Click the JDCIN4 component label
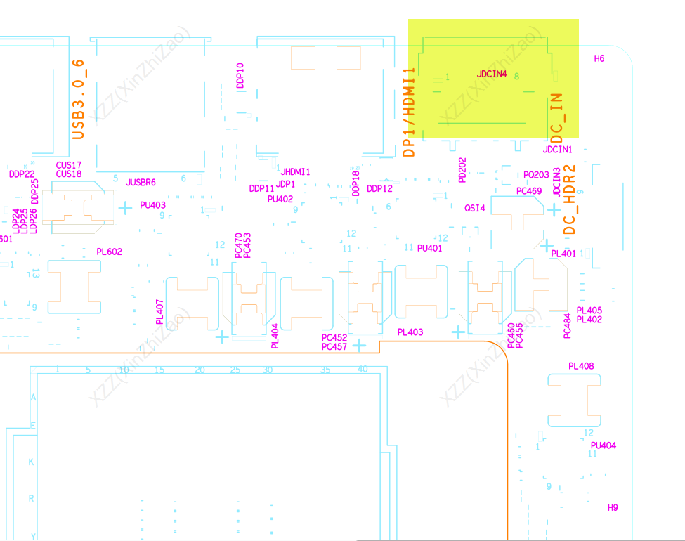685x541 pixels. (492, 74)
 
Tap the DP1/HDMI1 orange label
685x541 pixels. (410, 112)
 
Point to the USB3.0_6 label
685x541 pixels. (79, 98)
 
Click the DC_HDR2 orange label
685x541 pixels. (570, 200)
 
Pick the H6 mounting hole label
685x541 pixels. (599, 59)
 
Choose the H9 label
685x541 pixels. (613, 507)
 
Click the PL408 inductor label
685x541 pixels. (581, 366)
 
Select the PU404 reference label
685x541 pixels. (604, 445)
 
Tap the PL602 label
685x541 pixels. (109, 252)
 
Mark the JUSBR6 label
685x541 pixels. (141, 183)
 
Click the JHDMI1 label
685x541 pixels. (295, 172)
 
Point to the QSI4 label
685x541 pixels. (475, 209)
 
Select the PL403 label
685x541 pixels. (410, 332)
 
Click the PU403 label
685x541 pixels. (152, 205)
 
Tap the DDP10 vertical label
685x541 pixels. (240, 75)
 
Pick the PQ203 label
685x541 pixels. (536, 175)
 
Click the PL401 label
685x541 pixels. (563, 254)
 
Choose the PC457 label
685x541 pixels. (334, 346)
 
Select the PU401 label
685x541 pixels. (429, 248)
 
